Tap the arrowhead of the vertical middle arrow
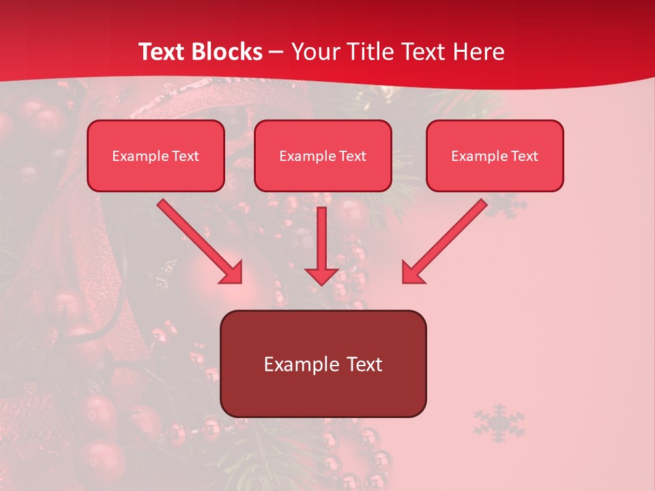(x=321, y=276)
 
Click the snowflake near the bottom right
(x=499, y=423)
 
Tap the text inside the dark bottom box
(x=323, y=364)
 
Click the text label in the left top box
(x=156, y=156)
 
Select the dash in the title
(x=277, y=52)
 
